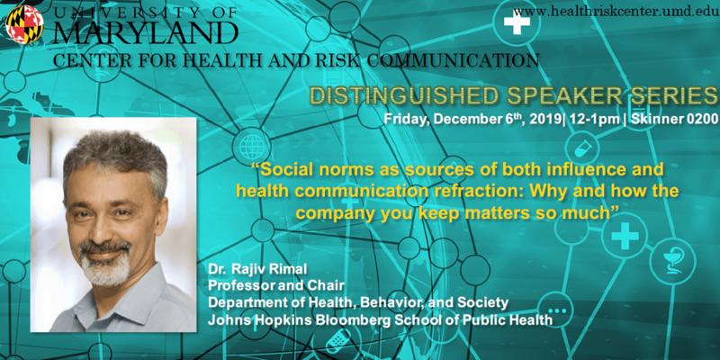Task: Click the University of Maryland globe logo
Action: click(x=24, y=24)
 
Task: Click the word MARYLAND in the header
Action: click(x=146, y=32)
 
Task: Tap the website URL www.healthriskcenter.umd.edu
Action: click(x=616, y=12)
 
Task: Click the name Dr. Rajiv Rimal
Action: click(x=247, y=271)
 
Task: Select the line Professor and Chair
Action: click(x=276, y=286)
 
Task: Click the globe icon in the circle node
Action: click(x=252, y=147)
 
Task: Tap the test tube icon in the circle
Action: click(x=582, y=148)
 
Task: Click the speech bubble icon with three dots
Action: click(x=555, y=310)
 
